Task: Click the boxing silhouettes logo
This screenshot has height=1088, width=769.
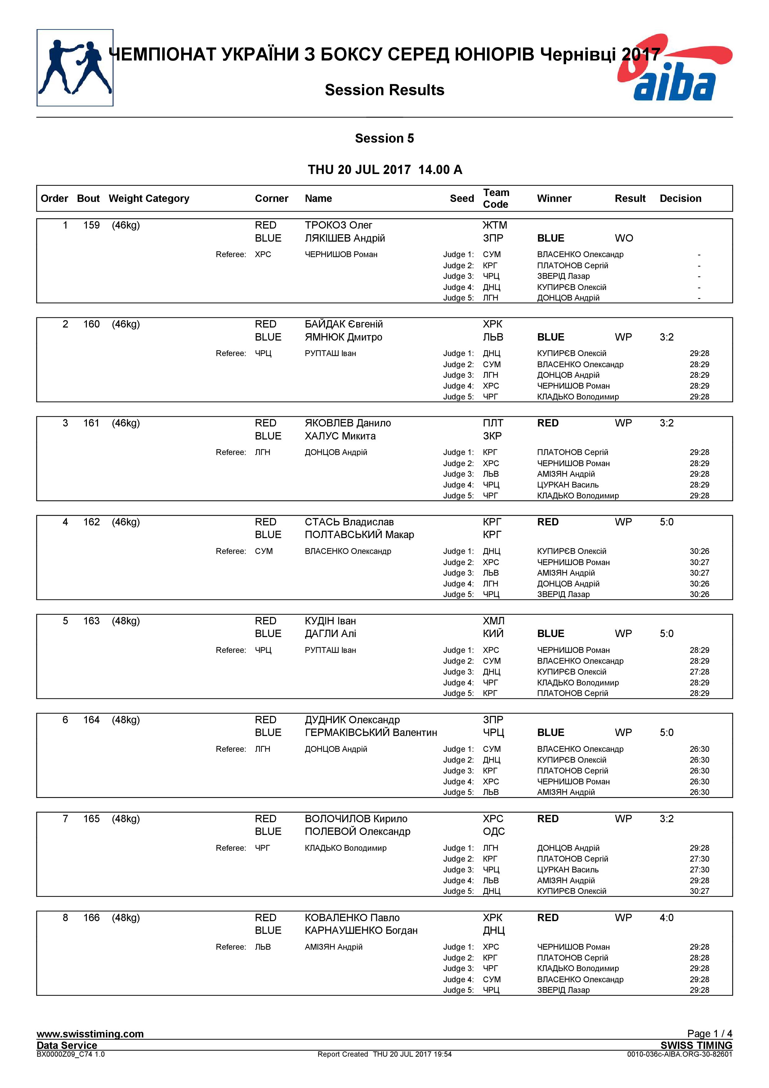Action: tap(75, 68)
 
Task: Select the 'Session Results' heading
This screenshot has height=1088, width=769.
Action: tap(384, 90)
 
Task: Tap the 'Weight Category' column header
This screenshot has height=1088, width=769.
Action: tap(149, 198)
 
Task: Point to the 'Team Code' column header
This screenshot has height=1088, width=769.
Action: tap(496, 198)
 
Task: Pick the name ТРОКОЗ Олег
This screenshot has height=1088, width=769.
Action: tap(338, 225)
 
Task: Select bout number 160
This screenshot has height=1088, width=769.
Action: tap(92, 324)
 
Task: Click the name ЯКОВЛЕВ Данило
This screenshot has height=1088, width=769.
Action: tap(348, 423)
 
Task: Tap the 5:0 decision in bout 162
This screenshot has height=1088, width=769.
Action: tap(666, 522)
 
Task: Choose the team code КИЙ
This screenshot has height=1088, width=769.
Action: tap(493, 634)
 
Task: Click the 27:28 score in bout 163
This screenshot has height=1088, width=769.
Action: tap(699, 672)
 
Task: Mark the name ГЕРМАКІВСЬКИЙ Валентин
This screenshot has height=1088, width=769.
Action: tap(370, 733)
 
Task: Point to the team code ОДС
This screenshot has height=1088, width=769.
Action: tap(494, 832)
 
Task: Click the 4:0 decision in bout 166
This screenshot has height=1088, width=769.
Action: tap(666, 918)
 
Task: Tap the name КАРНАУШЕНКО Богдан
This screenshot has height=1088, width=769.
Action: tap(361, 931)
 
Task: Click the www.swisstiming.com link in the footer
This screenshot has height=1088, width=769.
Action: tap(90, 1034)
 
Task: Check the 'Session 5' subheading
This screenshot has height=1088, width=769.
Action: tap(384, 138)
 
